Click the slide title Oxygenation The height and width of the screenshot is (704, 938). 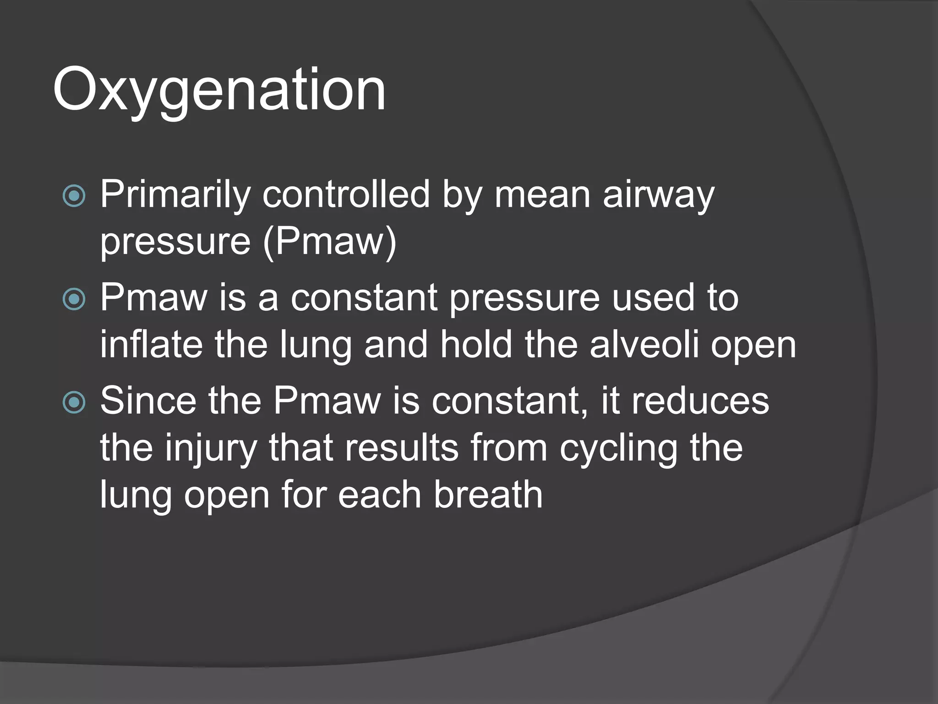point(219,90)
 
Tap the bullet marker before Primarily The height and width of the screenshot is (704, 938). point(74,196)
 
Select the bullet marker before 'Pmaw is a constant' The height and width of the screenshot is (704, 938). point(74,300)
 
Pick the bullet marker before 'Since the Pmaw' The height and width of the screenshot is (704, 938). point(74,402)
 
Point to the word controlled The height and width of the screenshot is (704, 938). point(346,194)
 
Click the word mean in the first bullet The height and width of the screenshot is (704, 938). point(542,195)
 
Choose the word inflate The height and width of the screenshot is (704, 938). point(151,345)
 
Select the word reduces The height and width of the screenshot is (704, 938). point(700,401)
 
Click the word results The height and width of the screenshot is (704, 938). point(402,448)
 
